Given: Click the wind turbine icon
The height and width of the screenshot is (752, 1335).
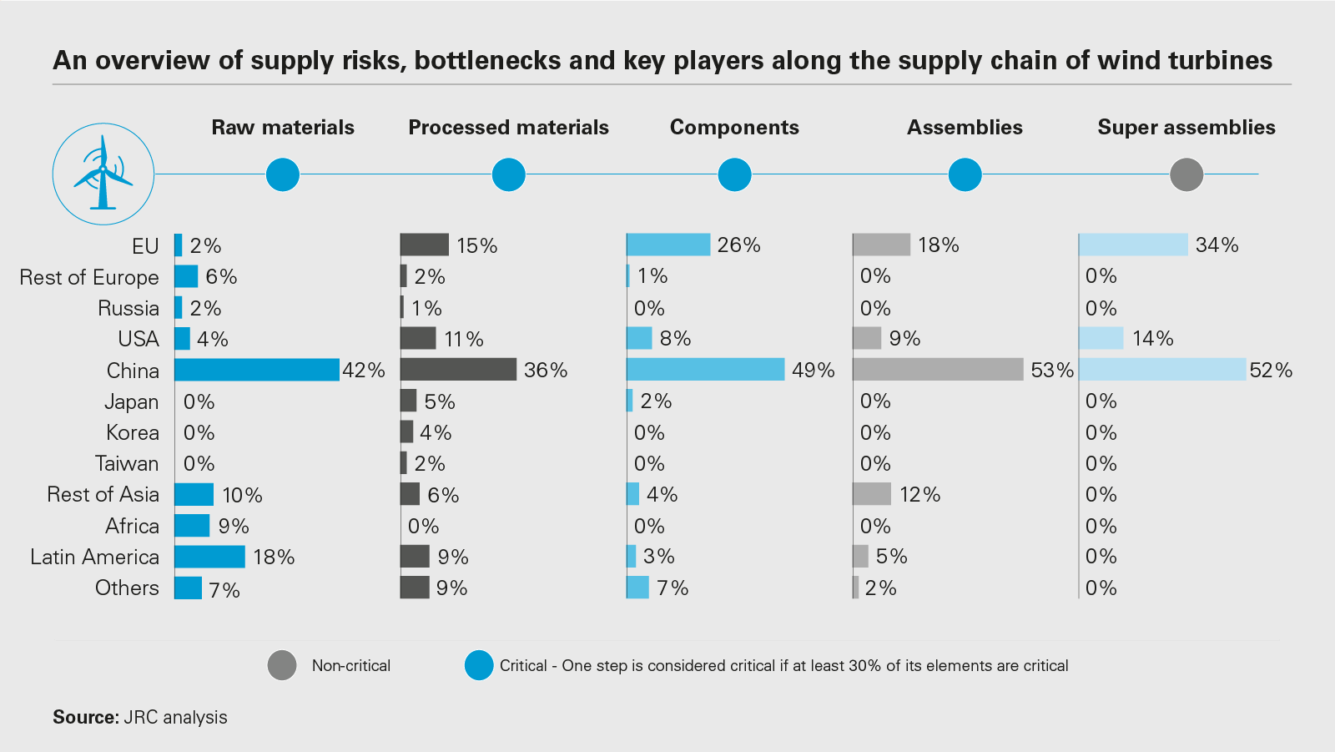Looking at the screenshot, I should tap(103, 174).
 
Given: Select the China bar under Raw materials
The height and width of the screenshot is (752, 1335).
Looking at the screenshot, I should tap(257, 370).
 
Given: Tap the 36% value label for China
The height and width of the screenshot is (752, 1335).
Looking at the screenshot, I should tap(546, 370).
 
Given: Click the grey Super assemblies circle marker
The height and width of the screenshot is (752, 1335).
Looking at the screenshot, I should tap(1186, 174).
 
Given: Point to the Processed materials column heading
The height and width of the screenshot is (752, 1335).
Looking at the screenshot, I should tap(508, 127).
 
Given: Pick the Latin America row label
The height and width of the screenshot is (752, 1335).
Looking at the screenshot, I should tap(94, 557).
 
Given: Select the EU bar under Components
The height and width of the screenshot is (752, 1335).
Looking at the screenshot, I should tap(668, 245).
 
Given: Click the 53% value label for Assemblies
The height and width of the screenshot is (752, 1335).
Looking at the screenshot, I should tap(1052, 370).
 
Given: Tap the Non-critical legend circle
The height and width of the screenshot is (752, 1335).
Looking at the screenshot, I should tap(282, 665).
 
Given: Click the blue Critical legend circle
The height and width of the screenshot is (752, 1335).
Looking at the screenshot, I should tap(479, 665).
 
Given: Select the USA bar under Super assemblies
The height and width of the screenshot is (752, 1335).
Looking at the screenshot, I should tap(1101, 338).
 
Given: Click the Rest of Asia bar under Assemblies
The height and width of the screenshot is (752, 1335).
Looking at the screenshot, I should tap(872, 494).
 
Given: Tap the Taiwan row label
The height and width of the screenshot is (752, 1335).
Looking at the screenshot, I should tap(127, 463).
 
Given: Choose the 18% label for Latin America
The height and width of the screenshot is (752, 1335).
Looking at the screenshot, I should tap(274, 557).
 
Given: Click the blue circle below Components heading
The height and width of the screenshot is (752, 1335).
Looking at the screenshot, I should tap(734, 174).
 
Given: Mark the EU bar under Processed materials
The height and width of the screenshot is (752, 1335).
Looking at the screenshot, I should tap(425, 245).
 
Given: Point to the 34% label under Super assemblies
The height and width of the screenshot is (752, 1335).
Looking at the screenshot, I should tap(1217, 245).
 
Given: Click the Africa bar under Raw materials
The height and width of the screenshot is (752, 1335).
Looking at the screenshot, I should tap(192, 526).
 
